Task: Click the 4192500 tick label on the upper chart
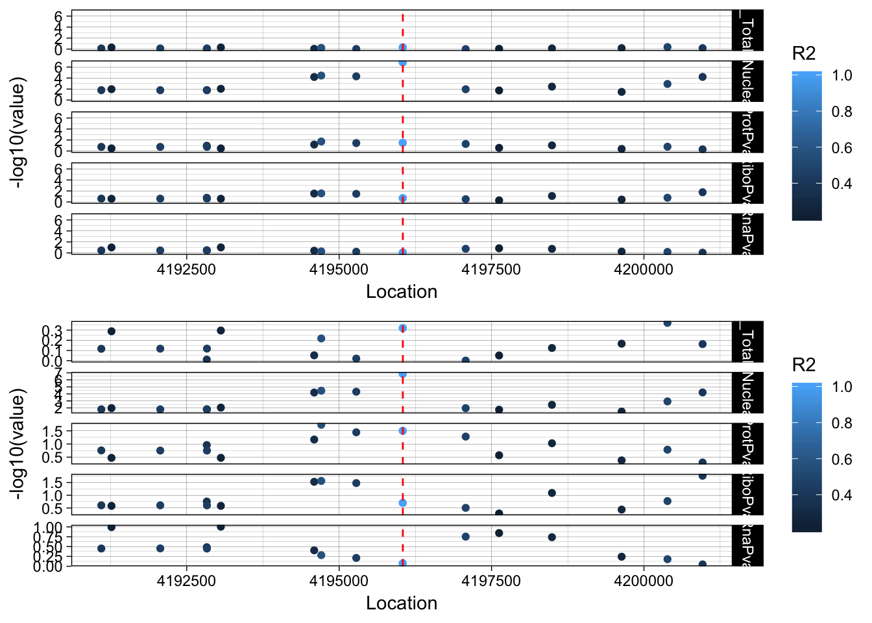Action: (x=186, y=269)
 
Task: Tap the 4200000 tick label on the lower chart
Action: (x=644, y=581)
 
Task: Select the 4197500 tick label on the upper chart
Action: (x=491, y=269)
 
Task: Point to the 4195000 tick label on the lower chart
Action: (x=339, y=581)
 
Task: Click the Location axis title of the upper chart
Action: (x=402, y=292)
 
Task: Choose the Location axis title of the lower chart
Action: (x=402, y=604)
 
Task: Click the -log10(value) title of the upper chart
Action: (x=19, y=132)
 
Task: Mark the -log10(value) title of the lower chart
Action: (x=19, y=444)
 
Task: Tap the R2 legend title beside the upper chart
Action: (x=804, y=53)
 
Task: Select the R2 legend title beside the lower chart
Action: (x=804, y=365)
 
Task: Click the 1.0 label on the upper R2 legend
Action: (x=842, y=76)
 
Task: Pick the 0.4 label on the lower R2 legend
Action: (x=842, y=496)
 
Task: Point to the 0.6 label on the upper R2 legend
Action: (x=842, y=148)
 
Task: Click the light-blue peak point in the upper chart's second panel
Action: (x=403, y=62)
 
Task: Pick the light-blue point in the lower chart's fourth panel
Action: (x=403, y=503)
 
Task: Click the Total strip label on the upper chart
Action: (x=747, y=31)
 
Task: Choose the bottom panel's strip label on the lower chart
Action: (x=747, y=546)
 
